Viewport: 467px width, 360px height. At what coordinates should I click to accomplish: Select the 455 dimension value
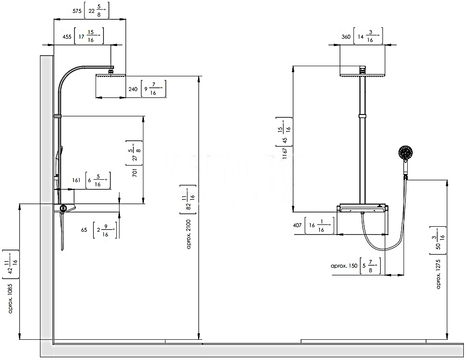click(x=67, y=37)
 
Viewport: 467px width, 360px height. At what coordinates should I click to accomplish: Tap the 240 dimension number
click(x=133, y=90)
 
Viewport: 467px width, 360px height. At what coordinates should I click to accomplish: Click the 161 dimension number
click(x=76, y=180)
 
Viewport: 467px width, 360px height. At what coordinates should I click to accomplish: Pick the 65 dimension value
click(x=84, y=229)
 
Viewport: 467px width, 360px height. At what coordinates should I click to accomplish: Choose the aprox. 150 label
click(x=344, y=266)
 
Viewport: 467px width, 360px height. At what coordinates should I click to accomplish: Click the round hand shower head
click(x=406, y=153)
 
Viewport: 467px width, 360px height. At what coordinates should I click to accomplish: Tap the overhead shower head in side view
click(x=111, y=76)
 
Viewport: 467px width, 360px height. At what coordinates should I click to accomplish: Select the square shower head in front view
click(x=362, y=75)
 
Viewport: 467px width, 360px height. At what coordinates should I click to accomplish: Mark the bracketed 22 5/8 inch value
click(x=97, y=11)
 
